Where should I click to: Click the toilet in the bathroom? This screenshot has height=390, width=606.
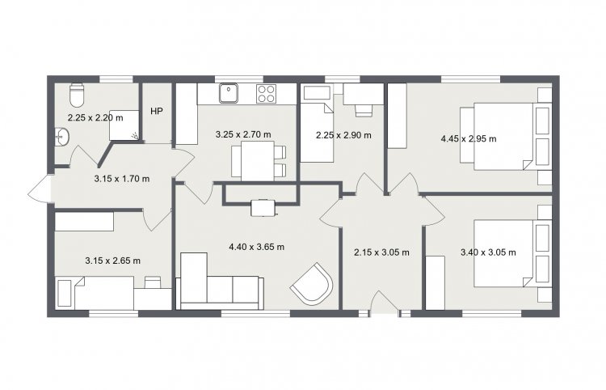tap(77, 95)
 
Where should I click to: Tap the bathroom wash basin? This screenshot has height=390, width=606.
tap(62, 137)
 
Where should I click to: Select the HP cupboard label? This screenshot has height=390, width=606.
tap(157, 112)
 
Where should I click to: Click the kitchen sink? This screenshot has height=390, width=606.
tap(229, 93)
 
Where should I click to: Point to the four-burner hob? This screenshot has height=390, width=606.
tap(267, 94)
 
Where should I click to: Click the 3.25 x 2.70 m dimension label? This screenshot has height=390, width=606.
tap(243, 134)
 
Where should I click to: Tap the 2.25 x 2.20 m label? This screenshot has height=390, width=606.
tap(95, 117)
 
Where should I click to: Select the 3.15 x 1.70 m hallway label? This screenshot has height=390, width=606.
tap(122, 179)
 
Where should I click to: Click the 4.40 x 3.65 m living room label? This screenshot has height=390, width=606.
tap(257, 247)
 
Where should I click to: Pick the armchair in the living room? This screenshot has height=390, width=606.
tap(312, 284)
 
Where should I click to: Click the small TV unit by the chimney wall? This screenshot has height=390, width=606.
tap(264, 207)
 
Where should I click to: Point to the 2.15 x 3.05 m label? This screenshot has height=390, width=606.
tap(381, 252)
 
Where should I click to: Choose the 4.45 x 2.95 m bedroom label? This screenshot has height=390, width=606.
tap(469, 138)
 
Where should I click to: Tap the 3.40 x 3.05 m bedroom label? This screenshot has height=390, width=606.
tap(488, 252)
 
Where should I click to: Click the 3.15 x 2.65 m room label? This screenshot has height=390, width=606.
tap(112, 261)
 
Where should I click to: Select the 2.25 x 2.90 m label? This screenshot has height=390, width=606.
tap(343, 135)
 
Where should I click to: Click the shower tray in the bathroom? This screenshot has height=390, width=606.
tap(124, 125)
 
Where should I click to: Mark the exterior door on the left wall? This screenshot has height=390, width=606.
tap(40, 189)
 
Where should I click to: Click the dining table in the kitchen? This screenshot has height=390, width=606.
tap(258, 160)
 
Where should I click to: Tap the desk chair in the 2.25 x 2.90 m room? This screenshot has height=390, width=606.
tap(364, 110)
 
